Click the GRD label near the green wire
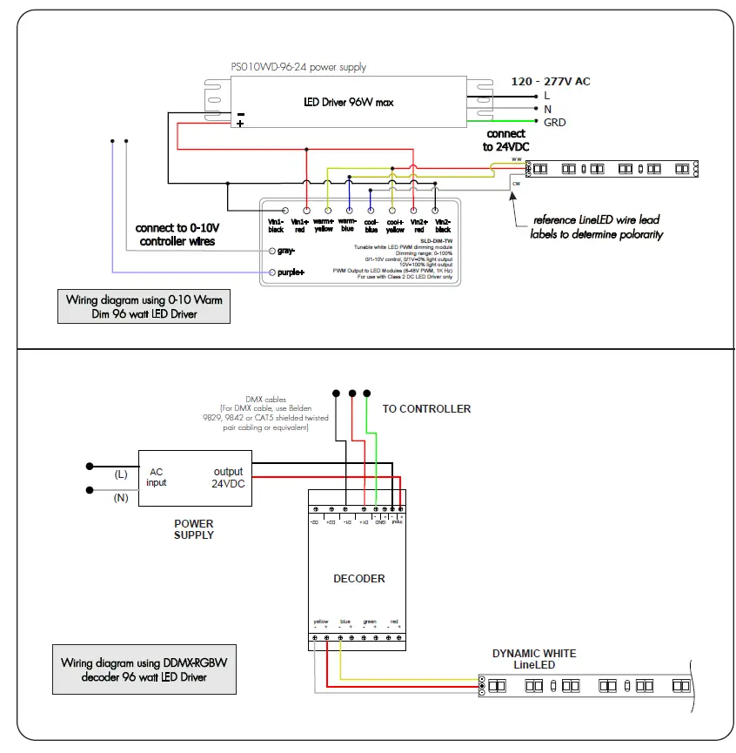pyautogui.click(x=554, y=123)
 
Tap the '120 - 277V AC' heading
pyautogui.click(x=550, y=81)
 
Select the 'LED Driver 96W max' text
pyautogui.click(x=348, y=102)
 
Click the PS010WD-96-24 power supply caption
pyautogui.click(x=298, y=67)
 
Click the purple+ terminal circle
pyautogui.click(x=271, y=272)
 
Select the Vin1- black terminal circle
pyautogui.click(x=285, y=211)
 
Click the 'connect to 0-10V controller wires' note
pyautogui.click(x=177, y=234)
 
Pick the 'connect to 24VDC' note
pyautogui.click(x=505, y=140)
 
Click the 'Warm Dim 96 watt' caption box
pyautogui.click(x=144, y=306)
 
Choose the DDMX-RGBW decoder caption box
pyautogui.click(x=144, y=669)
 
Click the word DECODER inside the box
pyautogui.click(x=358, y=578)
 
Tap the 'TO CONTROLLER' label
pyautogui.click(x=426, y=408)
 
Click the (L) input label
pyautogui.click(x=121, y=474)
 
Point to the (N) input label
pyautogui.click(x=121, y=497)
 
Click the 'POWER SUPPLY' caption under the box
pyautogui.click(x=193, y=529)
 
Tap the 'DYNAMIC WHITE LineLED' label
pyautogui.click(x=534, y=659)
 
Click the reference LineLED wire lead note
pyautogui.click(x=597, y=227)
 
